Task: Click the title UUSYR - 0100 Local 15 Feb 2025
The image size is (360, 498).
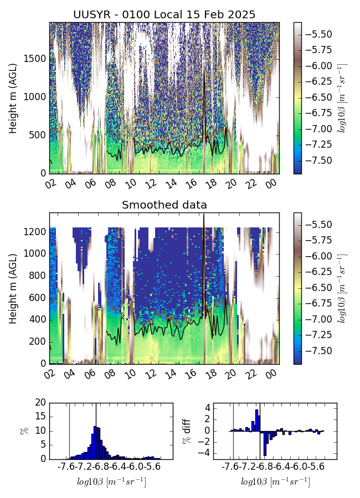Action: tap(164, 15)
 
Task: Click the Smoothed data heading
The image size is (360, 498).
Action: tap(164, 205)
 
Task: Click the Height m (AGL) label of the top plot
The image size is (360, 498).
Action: tap(13, 98)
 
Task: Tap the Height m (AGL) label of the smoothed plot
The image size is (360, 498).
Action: tap(13, 288)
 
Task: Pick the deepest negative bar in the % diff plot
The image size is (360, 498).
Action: tap(265, 443)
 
